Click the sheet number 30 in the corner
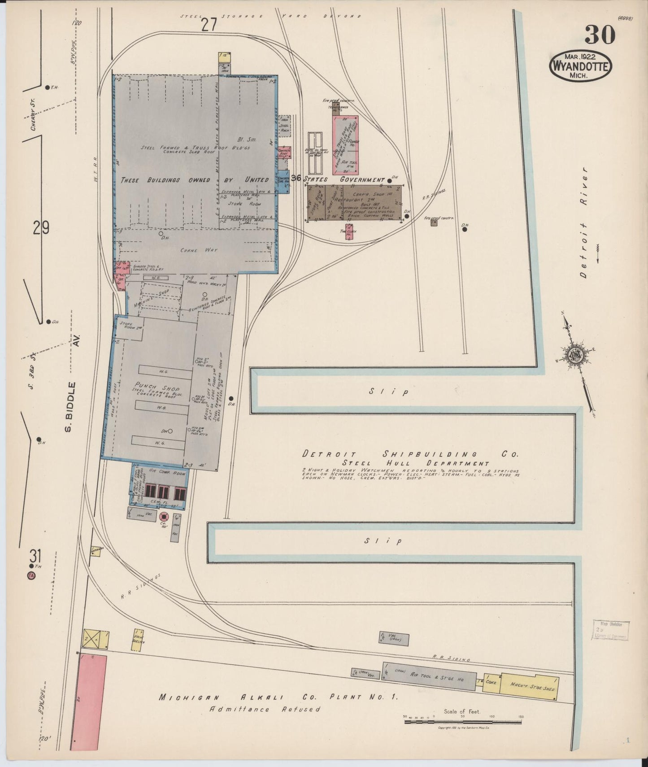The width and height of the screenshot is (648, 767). click(600, 35)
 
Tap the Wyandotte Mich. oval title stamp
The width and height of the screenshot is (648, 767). click(580, 65)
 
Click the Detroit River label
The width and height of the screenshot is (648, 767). click(583, 223)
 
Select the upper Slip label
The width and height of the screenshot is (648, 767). click(389, 392)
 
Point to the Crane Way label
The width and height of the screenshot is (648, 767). click(192, 250)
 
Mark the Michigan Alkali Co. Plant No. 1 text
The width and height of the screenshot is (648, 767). click(278, 697)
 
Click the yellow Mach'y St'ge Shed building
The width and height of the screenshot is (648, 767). click(530, 687)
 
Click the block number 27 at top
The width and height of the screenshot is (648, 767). click(209, 25)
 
